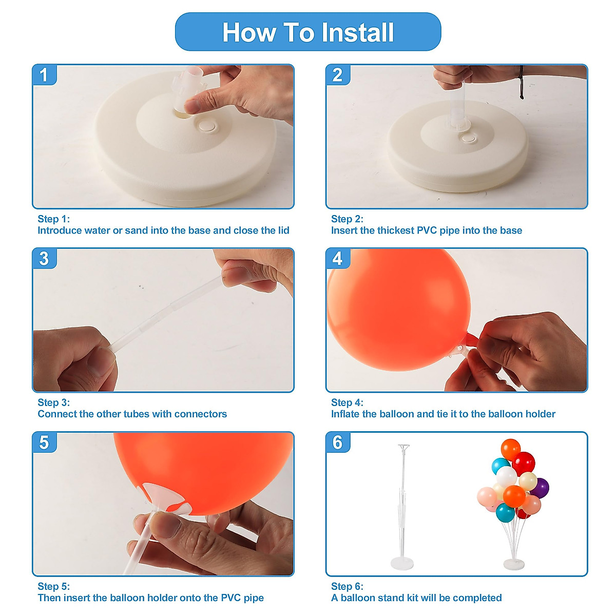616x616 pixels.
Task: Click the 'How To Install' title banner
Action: tap(308, 32)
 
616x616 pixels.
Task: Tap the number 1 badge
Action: tap(44, 75)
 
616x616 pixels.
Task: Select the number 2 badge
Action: tap(338, 75)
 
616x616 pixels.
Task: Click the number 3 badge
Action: tap(44, 259)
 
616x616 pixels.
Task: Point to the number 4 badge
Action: tap(338, 259)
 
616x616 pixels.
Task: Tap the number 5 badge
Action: tap(44, 442)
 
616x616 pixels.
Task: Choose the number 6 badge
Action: tap(338, 442)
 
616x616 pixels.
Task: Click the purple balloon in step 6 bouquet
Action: tap(540, 487)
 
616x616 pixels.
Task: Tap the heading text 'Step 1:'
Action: tap(53, 219)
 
